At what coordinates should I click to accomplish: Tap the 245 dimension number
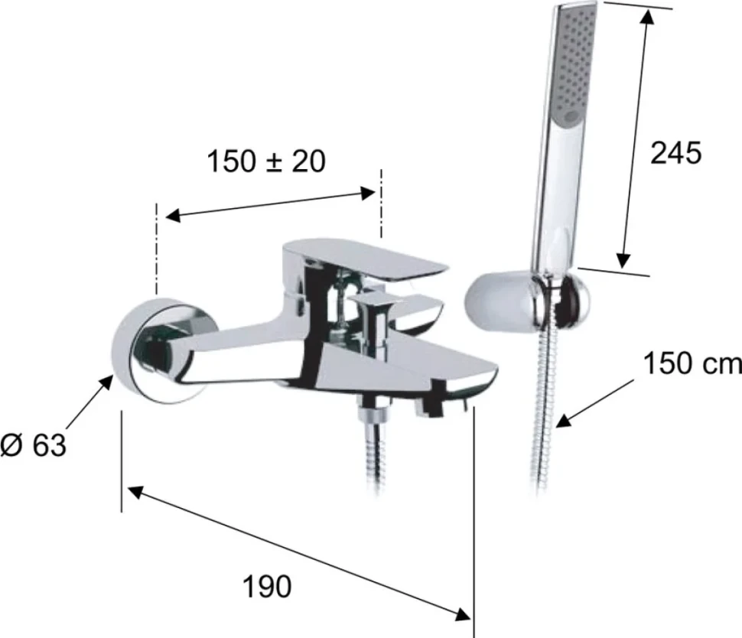[675, 153]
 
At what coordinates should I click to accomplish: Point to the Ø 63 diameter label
[34, 445]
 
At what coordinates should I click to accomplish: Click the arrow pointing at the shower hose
[595, 403]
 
